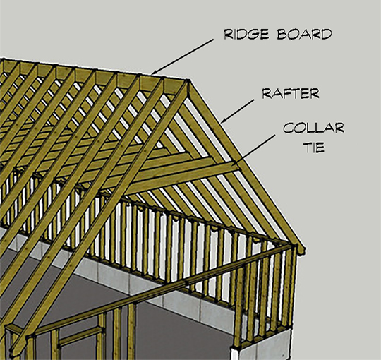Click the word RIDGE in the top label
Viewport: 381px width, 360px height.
click(x=246, y=34)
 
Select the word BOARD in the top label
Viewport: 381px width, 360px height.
click(x=305, y=34)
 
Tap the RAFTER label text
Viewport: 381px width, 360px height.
click(x=291, y=93)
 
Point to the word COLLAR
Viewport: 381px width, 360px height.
click(x=314, y=128)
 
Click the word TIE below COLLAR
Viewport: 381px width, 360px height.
click(x=315, y=147)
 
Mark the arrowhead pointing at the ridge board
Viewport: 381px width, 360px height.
click(x=155, y=72)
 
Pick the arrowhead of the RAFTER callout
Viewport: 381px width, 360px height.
click(x=224, y=119)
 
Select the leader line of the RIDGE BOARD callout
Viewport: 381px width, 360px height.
click(x=182, y=56)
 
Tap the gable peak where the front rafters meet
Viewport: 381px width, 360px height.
click(x=188, y=81)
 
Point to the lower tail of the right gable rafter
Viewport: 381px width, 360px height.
click(x=300, y=248)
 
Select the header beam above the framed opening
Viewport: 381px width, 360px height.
click(x=80, y=334)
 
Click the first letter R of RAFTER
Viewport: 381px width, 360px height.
click(x=266, y=93)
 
